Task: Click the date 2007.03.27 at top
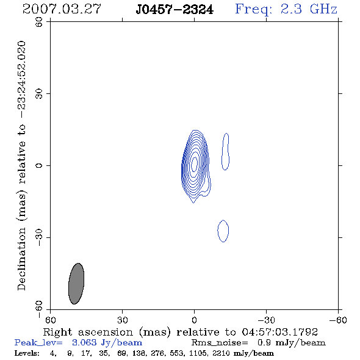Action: [62, 9]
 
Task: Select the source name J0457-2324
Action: [175, 10]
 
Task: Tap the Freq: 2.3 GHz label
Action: [286, 10]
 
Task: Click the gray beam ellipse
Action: [76, 284]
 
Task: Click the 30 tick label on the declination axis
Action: [39, 94]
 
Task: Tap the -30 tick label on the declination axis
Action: [39, 237]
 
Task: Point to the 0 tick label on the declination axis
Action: [39, 165]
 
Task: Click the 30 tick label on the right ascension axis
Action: [123, 320]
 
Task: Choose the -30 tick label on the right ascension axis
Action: [266, 320]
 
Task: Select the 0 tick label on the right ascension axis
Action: [194, 320]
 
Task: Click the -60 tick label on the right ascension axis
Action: [338, 320]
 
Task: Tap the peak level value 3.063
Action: [84, 342]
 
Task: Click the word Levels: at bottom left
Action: [27, 353]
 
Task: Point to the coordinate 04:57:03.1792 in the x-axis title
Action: [279, 332]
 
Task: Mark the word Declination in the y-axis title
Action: [21, 259]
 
